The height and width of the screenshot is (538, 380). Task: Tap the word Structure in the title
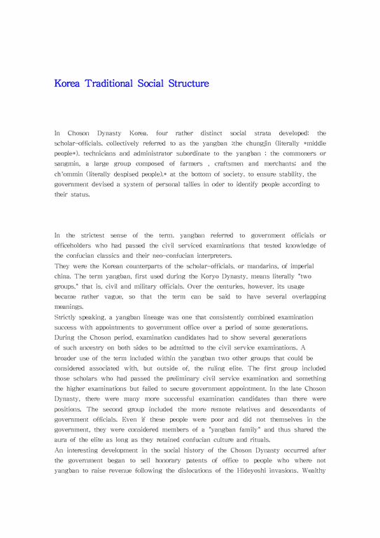(188, 84)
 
